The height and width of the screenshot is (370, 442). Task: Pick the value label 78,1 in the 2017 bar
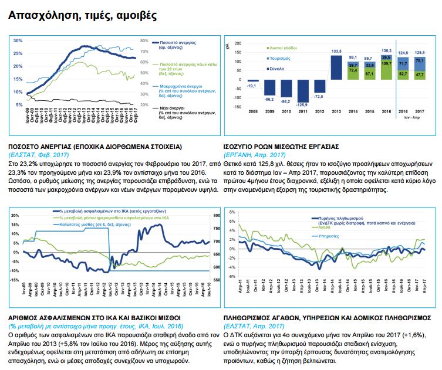pos(420,60)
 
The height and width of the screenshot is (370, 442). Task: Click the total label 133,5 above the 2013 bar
pos(336,52)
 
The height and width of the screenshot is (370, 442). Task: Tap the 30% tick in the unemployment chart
pos(18,40)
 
